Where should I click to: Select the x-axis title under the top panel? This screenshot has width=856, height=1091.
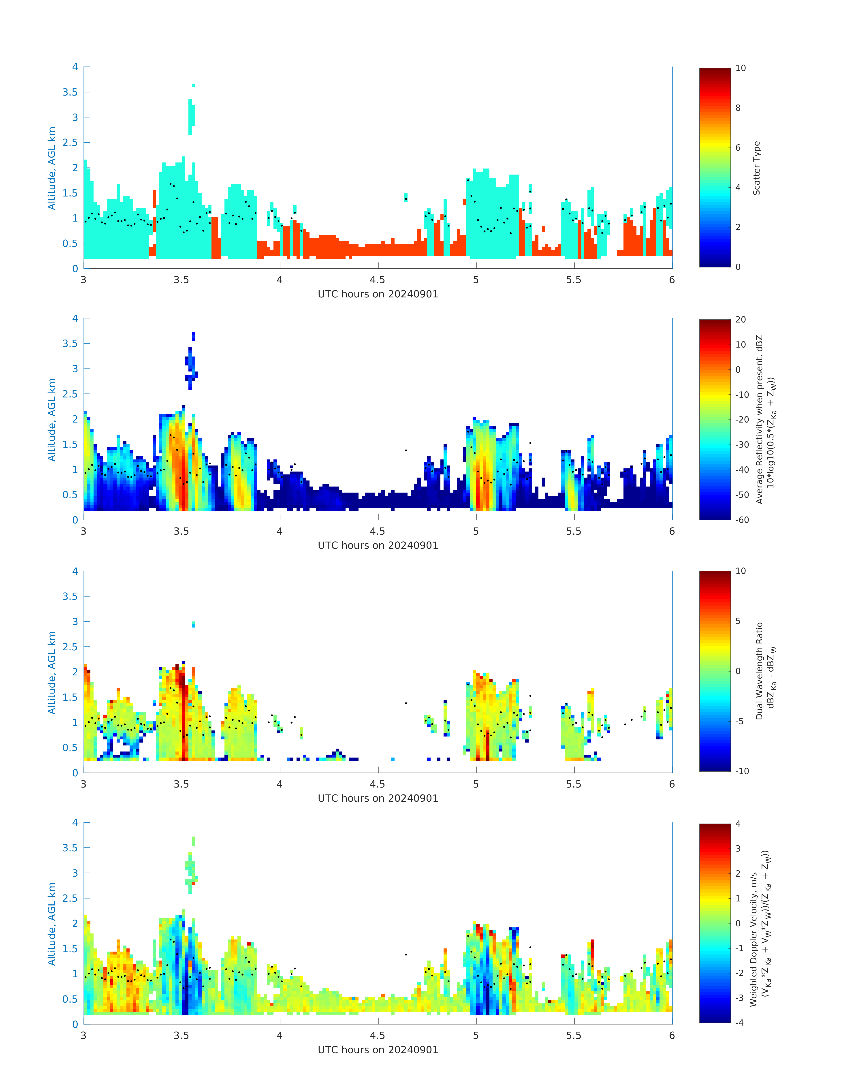[x=378, y=294]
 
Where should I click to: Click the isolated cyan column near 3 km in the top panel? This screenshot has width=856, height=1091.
[x=191, y=116]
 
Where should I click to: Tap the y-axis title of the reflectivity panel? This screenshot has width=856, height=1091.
[x=52, y=419]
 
